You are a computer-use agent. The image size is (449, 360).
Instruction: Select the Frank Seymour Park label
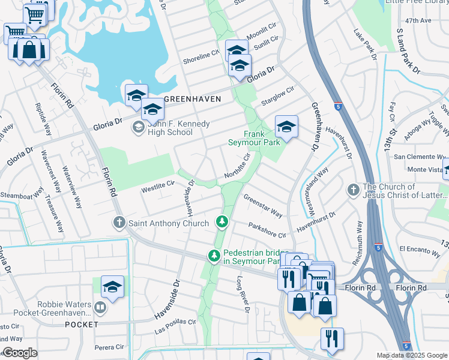(254, 139)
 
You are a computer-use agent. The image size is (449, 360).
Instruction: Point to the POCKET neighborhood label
(81, 325)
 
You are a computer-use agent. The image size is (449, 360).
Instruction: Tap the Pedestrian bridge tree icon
(213, 256)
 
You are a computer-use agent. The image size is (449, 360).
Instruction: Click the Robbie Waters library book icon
(100, 308)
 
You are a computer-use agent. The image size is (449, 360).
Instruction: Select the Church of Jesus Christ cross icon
(354, 191)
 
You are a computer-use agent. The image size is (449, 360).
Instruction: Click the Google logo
(20, 353)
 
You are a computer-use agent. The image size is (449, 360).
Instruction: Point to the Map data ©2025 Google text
(411, 355)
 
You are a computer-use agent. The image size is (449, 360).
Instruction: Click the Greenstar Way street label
(263, 205)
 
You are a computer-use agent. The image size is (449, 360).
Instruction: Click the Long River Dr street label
(242, 294)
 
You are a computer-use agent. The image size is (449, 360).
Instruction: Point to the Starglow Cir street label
(277, 97)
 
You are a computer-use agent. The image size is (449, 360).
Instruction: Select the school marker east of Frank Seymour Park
(286, 127)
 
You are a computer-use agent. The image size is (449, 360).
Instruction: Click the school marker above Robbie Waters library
(112, 287)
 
